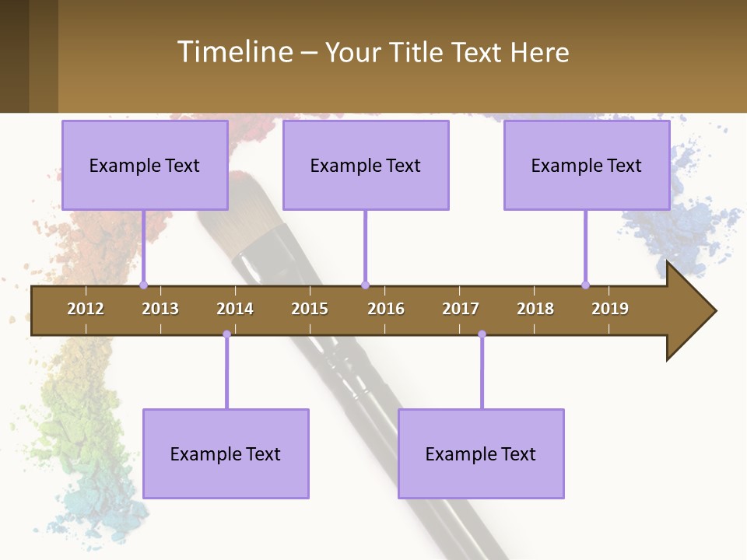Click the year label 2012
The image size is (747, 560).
coord(86,309)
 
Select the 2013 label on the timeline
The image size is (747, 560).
coord(160,309)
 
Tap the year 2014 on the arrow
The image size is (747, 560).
coord(235,309)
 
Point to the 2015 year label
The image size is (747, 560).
coord(310,309)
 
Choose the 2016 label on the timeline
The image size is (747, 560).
coord(386,309)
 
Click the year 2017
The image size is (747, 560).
coord(461,309)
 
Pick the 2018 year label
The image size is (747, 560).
coord(535,309)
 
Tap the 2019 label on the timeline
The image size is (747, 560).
coord(610,309)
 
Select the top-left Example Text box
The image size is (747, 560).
coord(145,165)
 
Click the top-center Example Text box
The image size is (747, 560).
coord(366,165)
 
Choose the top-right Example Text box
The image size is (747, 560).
coord(587,165)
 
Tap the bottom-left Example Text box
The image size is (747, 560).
coord(226,453)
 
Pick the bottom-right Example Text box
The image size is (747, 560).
coord(481,453)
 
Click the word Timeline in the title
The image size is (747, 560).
coord(233,52)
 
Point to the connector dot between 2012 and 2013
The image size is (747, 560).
coord(143,285)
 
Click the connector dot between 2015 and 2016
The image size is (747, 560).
coord(365,285)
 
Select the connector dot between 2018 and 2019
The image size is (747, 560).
coord(585,285)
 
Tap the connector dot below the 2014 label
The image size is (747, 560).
coord(226,334)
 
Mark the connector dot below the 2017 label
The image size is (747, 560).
coord(482,334)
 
